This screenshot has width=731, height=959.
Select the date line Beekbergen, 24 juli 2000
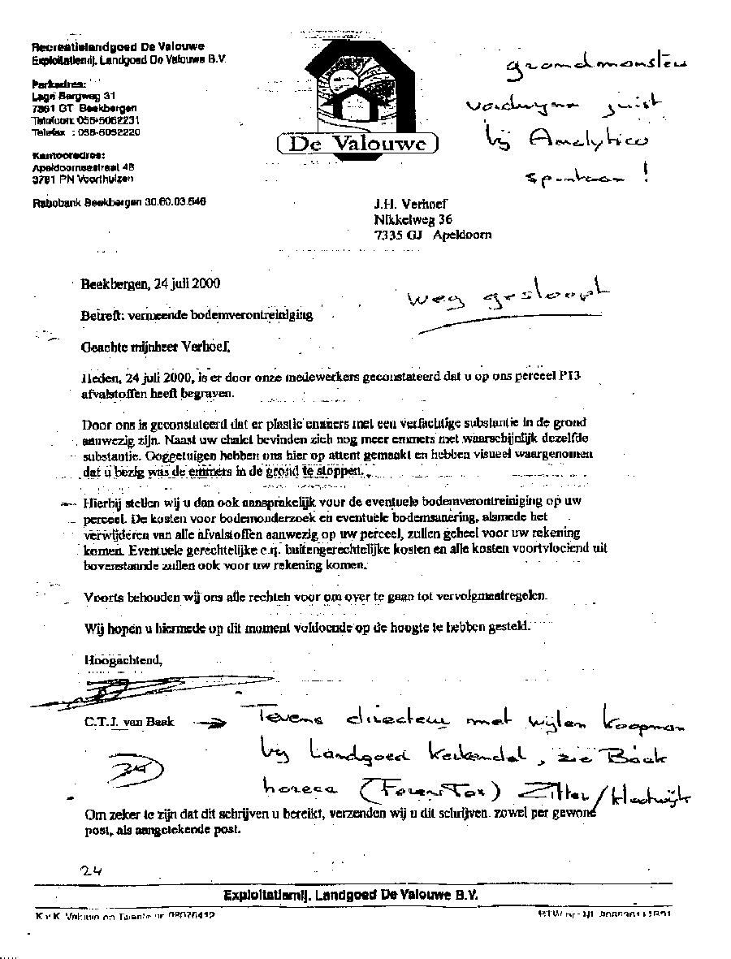(149, 284)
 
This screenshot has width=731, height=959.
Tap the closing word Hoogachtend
(123, 659)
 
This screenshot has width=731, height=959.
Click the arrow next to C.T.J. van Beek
(212, 724)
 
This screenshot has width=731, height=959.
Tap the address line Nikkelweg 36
(413, 219)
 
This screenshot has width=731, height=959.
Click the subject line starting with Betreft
(196, 314)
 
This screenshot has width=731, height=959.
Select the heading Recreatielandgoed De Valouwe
(117, 46)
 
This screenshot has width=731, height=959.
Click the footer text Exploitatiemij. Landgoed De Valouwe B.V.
(351, 894)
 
